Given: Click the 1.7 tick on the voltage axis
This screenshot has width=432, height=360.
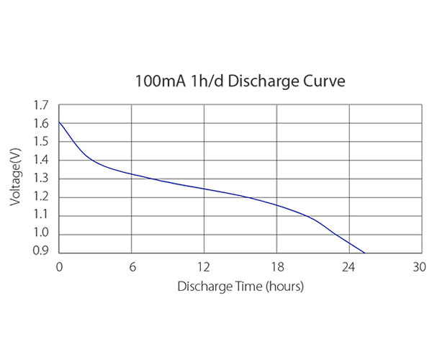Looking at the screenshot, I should [x=42, y=106].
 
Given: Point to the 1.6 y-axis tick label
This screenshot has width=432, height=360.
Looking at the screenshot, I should [x=42, y=124].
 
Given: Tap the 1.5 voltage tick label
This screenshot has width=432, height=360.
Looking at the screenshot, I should [x=42, y=142].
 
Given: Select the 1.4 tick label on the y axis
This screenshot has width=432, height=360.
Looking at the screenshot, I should [x=42, y=161].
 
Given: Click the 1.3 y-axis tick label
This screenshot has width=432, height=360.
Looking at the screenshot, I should [x=42, y=179].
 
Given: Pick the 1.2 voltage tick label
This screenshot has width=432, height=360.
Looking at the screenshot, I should [x=42, y=197].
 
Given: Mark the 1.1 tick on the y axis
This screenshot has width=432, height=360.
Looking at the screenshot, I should [x=42, y=215].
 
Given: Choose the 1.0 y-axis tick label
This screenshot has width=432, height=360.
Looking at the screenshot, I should [x=42, y=233].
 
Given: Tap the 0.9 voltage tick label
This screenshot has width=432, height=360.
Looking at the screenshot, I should [x=42, y=251].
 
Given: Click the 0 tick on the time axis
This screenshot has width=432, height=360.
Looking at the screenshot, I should [x=60, y=267].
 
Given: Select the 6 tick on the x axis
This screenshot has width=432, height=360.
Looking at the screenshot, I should [x=132, y=267].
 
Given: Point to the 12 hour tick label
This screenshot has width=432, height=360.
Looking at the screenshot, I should [x=204, y=267].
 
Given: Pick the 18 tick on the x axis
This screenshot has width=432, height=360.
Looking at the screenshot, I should [x=277, y=267].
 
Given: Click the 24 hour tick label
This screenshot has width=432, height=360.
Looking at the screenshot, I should [x=349, y=267].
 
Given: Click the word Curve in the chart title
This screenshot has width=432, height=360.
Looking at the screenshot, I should [x=323, y=81].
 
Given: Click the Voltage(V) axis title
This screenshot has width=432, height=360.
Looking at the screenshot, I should [x=16, y=179].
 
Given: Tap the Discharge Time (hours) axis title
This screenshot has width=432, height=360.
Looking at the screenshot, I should [x=240, y=287].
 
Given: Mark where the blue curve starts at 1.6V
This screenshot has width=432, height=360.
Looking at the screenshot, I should [x=60, y=123].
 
